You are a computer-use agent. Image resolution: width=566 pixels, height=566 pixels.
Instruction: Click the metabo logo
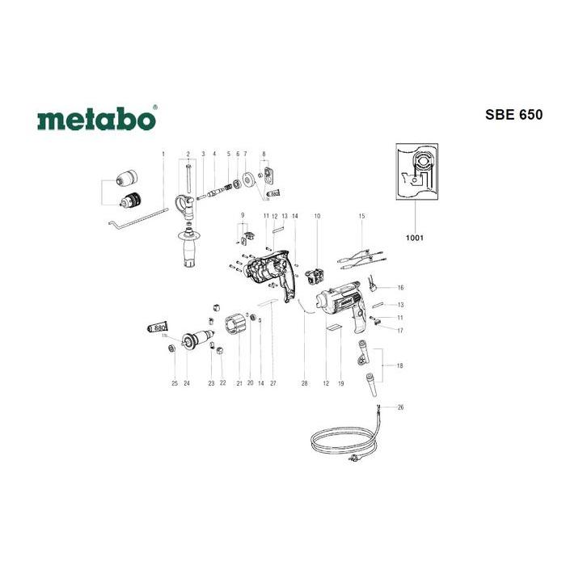click(96, 120)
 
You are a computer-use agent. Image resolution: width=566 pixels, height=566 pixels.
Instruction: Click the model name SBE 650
click(513, 114)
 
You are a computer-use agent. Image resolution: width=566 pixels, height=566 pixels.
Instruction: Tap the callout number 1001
click(416, 239)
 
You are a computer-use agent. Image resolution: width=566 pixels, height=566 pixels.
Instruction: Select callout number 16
click(399, 288)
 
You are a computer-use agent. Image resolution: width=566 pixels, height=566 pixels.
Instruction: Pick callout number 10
click(317, 216)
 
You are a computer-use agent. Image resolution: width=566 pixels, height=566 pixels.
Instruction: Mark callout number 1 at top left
click(163, 153)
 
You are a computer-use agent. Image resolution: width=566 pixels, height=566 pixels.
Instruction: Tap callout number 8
click(264, 153)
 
